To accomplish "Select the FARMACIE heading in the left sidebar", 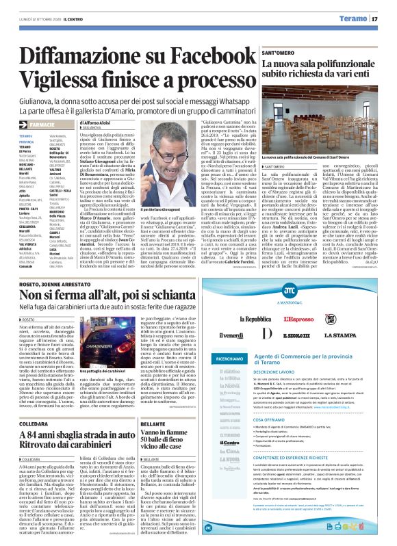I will pos(41,125).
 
